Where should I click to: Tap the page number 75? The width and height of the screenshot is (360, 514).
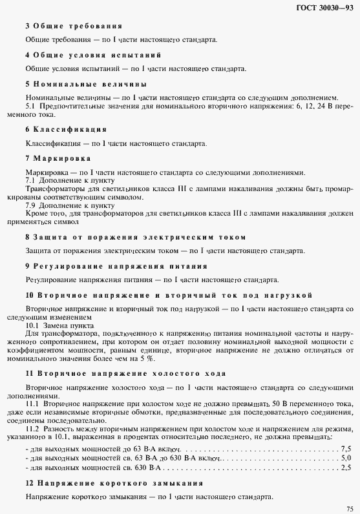(348, 508)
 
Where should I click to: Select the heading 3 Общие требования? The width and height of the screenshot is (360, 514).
(74, 26)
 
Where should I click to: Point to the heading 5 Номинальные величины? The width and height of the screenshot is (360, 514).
(85, 84)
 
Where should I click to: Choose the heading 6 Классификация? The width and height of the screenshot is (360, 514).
(66, 129)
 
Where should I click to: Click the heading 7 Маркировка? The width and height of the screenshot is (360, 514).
(58, 158)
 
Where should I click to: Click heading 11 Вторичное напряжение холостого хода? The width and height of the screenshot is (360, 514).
(125, 374)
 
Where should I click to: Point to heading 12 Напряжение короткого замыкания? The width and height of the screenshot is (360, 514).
(114, 483)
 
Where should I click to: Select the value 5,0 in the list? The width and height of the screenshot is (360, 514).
(346, 457)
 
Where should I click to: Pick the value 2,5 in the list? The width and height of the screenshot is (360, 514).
(346, 467)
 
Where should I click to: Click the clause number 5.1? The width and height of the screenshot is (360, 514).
(30, 105)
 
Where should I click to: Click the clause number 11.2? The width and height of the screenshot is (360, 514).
(33, 428)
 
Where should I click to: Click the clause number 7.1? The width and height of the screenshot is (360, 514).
(30, 181)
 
